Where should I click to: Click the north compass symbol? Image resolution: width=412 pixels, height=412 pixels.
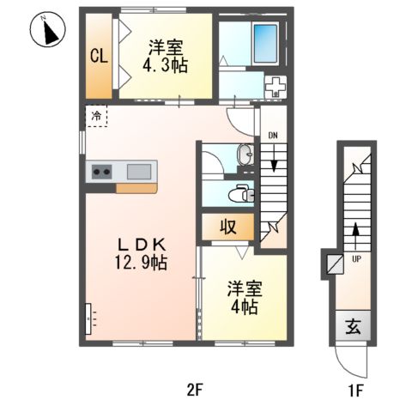[48, 29]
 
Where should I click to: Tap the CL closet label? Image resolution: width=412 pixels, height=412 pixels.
[99, 56]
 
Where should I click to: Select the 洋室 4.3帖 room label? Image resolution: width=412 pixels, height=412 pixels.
[165, 57]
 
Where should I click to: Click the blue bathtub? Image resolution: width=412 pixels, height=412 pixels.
[266, 44]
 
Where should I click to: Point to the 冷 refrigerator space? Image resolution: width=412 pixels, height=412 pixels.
[96, 116]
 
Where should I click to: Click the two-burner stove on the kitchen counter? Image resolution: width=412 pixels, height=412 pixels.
[101, 172]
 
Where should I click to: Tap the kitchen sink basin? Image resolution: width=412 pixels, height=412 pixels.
[139, 172]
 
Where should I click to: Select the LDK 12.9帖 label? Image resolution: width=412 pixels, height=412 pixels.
[141, 254]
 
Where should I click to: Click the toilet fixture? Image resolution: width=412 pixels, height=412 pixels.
[241, 194]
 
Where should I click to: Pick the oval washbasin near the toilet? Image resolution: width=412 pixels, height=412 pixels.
[245, 154]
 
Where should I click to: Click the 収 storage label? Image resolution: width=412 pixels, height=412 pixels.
[228, 227]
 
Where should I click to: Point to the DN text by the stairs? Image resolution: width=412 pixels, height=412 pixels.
[273, 136]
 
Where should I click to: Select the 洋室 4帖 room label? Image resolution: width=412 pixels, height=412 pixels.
[245, 298]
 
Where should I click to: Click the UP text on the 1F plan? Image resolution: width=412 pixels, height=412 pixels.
[356, 259]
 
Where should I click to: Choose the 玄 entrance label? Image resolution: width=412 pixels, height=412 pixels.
[353, 326]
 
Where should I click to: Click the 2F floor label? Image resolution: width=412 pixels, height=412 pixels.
[195, 390]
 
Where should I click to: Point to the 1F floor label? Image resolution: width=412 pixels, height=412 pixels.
[355, 391]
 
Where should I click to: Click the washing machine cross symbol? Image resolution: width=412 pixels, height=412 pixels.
[276, 87]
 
